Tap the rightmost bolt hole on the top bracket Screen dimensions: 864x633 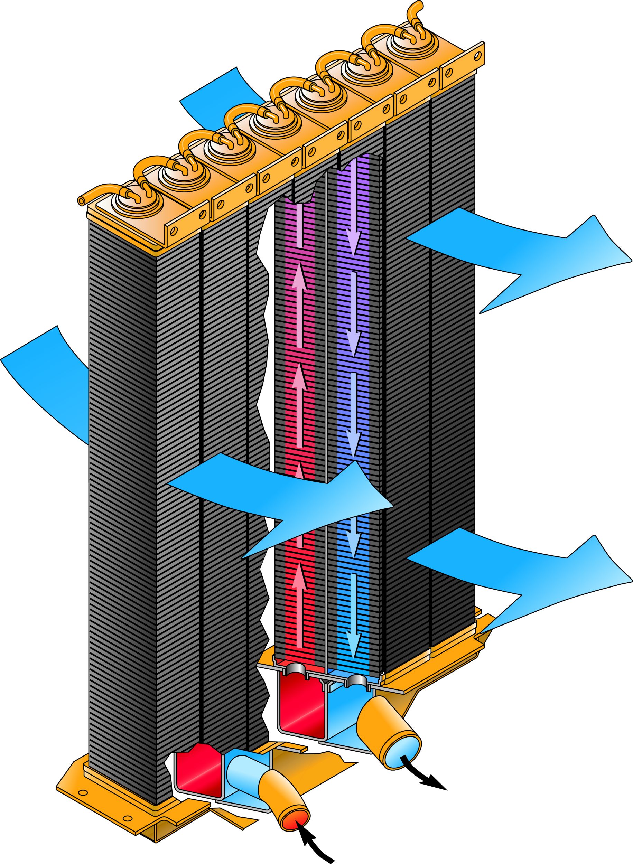[x=477, y=56]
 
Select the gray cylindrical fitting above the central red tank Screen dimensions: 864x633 [x=296, y=669]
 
